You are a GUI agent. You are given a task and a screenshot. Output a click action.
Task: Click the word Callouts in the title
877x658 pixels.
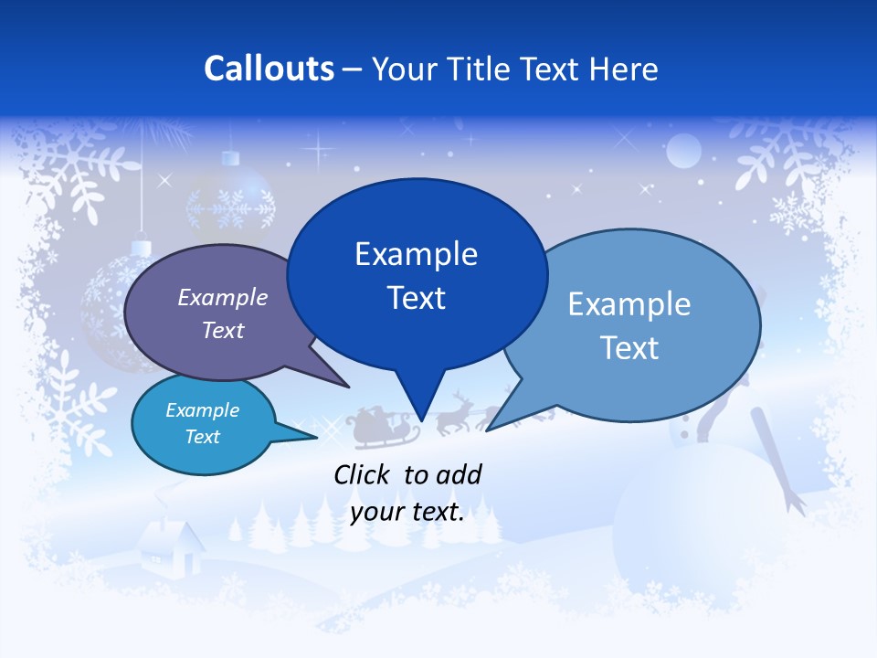269,69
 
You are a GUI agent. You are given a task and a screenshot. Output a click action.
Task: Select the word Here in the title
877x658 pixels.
626,69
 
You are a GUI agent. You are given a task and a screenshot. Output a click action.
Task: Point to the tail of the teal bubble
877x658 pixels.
297,433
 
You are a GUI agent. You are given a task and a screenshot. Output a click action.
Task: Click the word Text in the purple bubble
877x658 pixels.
223,331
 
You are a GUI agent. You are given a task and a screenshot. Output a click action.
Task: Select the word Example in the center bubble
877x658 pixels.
417,254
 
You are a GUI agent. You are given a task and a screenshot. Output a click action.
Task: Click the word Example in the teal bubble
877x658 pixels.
203,410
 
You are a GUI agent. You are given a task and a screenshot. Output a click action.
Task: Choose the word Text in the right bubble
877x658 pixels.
629,347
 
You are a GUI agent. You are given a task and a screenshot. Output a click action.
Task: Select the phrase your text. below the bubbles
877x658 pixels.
407,512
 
